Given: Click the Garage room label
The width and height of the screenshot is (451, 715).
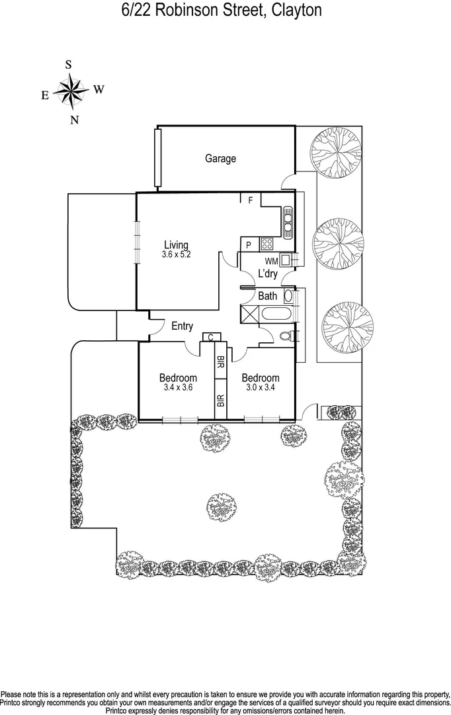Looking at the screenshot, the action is pos(220,159).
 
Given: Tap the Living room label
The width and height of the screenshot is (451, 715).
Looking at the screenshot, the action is pos(176,245).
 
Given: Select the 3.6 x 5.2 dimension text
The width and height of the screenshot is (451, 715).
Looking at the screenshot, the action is pos(176,254).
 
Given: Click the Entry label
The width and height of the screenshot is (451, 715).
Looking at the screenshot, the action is pos(182,326).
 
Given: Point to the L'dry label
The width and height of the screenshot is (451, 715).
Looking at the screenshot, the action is pos(268,274).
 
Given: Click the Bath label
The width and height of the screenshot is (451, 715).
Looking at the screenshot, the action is pos(268,296).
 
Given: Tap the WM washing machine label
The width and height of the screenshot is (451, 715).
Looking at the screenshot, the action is pos(271,260).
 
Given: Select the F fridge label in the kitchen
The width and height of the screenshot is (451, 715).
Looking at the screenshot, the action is pos(251,200).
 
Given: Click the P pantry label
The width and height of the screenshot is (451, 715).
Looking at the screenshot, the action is pos(248,244).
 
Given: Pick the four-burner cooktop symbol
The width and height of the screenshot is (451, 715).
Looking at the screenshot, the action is pos(266,244).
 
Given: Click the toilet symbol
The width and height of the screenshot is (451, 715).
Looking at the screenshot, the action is pos(286,336).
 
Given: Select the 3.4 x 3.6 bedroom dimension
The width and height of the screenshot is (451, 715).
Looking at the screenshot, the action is pos(177,388).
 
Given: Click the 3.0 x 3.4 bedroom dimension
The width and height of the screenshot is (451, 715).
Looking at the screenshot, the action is pos(260,388).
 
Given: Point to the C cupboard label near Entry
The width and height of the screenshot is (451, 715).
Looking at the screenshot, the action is pos(210,338).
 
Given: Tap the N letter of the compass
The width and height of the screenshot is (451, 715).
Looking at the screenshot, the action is pos(75,120).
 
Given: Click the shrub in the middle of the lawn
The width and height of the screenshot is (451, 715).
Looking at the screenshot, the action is pos(219,507).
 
